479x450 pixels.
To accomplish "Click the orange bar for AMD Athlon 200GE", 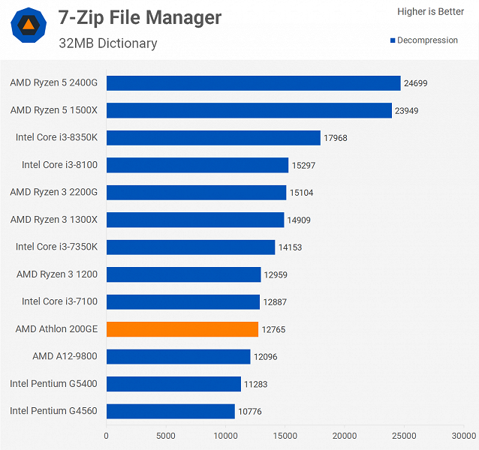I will click(x=182, y=329).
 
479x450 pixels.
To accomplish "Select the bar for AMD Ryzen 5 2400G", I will click(x=253, y=83).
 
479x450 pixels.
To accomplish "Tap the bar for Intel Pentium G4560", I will click(x=170, y=411).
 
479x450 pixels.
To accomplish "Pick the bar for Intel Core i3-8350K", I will click(x=213, y=138).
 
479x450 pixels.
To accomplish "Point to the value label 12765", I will click(x=273, y=329).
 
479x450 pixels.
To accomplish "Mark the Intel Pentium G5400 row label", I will click(x=54, y=384).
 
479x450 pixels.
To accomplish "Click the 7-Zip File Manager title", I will click(x=140, y=17).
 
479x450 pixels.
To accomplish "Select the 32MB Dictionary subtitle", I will click(x=108, y=43).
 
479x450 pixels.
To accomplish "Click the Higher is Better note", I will click(x=430, y=12).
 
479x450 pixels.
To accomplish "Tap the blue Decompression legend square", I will click(x=393, y=40).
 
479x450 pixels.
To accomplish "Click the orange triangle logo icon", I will click(x=28, y=26).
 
